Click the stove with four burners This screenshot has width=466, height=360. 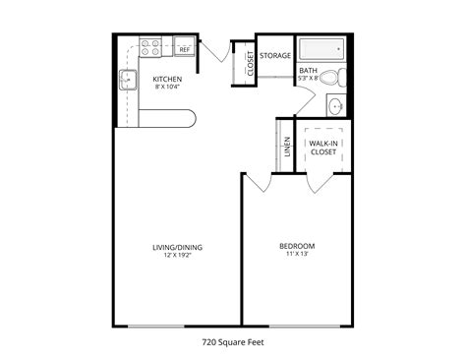pos(151,44)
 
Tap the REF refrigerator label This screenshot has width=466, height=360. pos(184,48)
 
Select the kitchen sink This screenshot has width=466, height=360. pos(127,81)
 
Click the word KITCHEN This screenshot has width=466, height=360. pos(165,78)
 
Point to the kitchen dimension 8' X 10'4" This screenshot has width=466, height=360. pos(165,88)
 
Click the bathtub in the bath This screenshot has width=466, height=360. pos(320,49)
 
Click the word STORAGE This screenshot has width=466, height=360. pos(275,56)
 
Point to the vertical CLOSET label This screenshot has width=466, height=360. pos(251,63)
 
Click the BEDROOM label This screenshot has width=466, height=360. pos(297,245)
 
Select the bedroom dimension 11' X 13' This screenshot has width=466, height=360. pos(297,255)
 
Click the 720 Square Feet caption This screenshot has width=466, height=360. pos(234,343)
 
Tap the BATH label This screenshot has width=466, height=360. pos(308,71)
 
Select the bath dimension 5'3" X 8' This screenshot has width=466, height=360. pos(309,79)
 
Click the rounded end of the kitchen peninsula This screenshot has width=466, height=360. pos(193,118)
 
